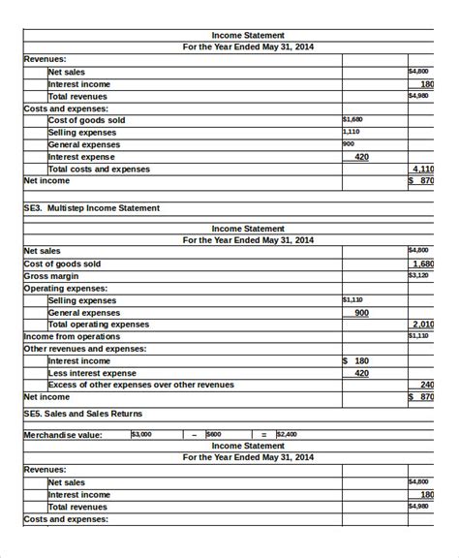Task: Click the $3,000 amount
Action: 141,434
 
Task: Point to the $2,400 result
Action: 288,434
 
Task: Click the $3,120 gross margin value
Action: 418,275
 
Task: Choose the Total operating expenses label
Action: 99,325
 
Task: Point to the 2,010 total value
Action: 422,325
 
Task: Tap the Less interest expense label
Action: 93,373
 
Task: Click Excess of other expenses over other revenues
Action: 141,385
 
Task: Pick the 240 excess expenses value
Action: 426,385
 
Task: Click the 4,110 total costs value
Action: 422,169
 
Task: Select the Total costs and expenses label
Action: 99,169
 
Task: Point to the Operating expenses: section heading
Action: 66,288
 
